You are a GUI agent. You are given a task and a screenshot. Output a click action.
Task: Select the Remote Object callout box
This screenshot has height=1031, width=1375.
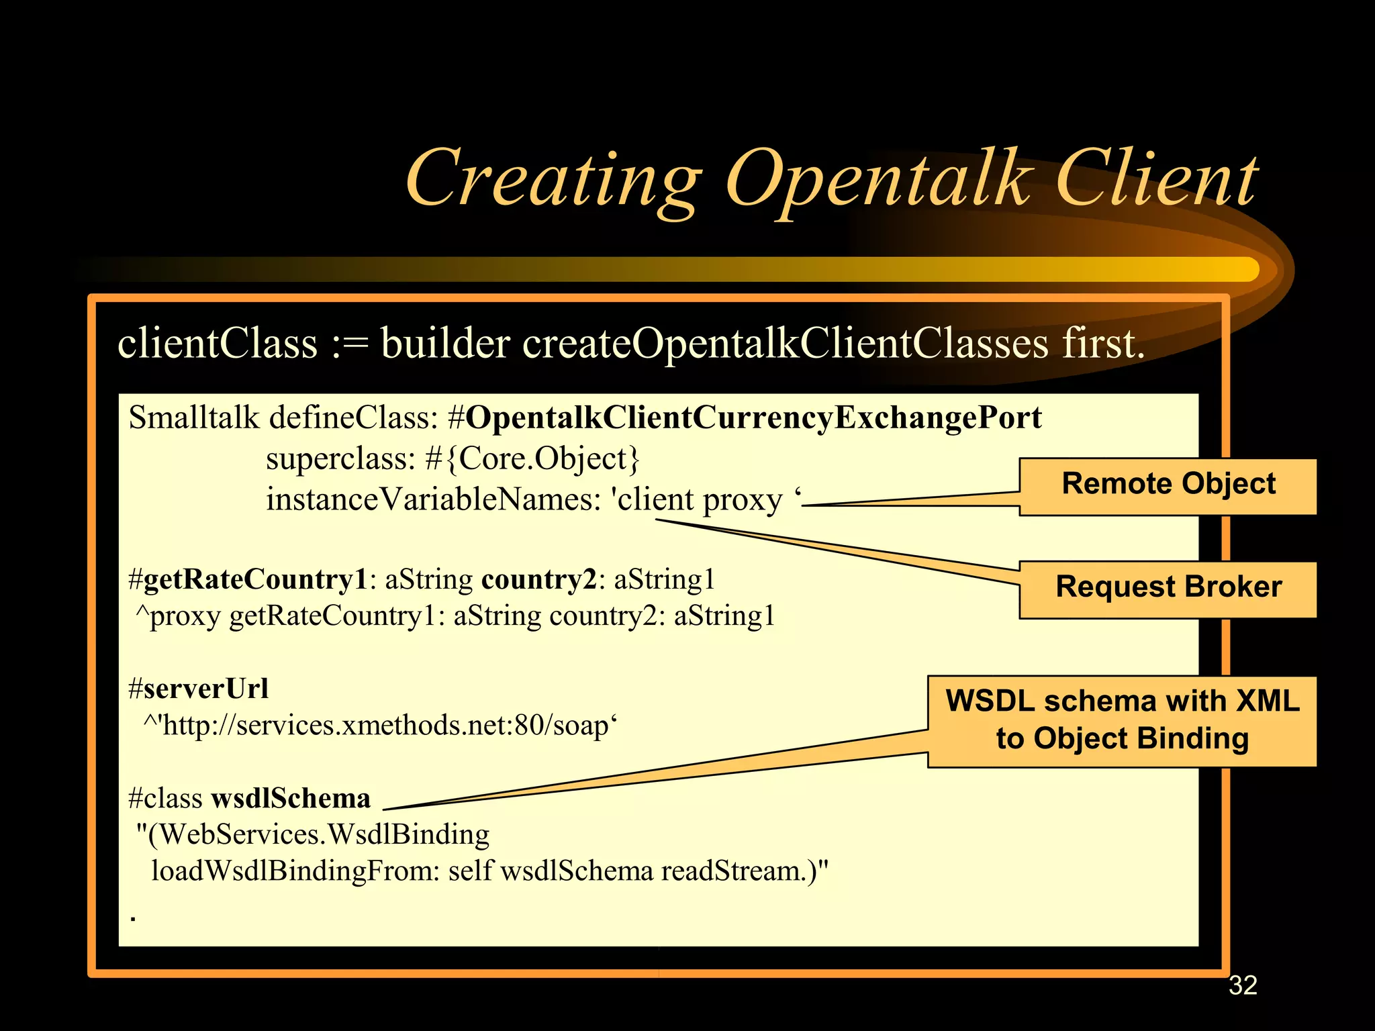(x=1168, y=486)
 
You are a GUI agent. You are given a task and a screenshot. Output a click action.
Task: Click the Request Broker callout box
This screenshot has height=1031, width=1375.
(x=1168, y=589)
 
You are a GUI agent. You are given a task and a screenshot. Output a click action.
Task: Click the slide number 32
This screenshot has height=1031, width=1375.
(x=1242, y=985)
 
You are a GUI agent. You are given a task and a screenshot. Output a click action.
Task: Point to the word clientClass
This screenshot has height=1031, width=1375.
(x=217, y=344)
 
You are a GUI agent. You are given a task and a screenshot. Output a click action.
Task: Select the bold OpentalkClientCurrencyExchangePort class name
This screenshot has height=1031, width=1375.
(x=753, y=418)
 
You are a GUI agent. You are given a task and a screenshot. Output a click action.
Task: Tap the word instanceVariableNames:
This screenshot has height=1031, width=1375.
(x=433, y=500)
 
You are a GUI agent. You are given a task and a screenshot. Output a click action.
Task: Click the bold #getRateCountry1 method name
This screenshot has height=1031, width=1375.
(x=248, y=579)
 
